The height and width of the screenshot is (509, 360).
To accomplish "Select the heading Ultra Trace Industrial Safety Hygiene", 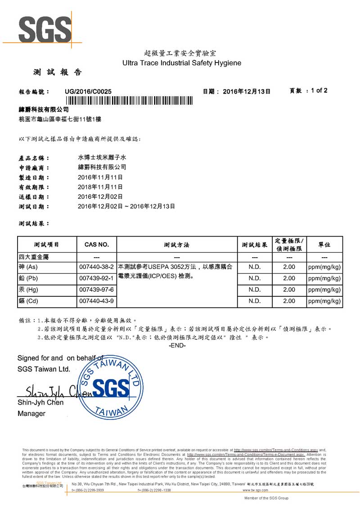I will [x=182, y=63].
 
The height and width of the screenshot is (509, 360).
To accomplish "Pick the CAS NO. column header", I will [x=97, y=245].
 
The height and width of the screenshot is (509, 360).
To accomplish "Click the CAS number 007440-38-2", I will [x=97, y=267].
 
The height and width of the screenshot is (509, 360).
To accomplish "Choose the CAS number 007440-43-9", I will [x=97, y=301].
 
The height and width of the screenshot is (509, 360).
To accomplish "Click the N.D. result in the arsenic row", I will [x=255, y=267].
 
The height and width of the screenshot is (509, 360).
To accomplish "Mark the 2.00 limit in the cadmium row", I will [x=289, y=301].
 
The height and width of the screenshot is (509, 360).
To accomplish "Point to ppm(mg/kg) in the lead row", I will [x=324, y=278].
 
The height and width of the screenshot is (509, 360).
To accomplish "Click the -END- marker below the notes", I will [x=177, y=345].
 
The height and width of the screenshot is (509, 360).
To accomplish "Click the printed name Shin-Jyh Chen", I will [x=40, y=402].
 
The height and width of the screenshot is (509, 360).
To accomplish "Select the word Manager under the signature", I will [x=31, y=414].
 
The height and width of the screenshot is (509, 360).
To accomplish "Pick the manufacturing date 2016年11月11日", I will [x=100, y=177].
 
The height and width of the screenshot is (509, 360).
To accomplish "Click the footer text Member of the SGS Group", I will [x=266, y=498].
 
